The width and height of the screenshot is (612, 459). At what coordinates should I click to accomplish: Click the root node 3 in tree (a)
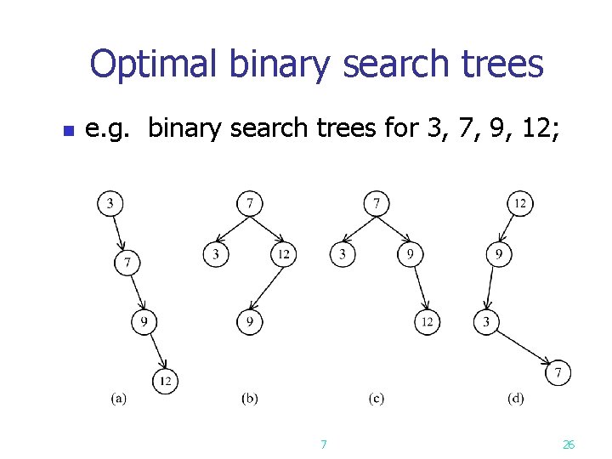110,203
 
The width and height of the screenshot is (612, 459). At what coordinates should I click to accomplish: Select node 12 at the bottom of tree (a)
166,382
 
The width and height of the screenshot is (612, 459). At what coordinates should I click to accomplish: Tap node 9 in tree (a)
144,322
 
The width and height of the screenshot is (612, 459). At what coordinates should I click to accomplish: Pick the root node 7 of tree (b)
249,203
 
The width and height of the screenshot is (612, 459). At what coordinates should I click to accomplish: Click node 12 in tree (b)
283,254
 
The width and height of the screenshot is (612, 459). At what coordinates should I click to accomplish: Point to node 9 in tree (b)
249,322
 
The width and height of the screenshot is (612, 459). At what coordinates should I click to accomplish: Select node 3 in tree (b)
216,254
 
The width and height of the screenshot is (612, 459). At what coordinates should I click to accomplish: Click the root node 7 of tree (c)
377,203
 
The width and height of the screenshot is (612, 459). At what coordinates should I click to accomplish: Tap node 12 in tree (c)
428,322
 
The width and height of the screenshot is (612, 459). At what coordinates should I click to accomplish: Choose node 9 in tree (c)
411,254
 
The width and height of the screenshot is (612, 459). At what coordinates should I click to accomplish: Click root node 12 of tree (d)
520,203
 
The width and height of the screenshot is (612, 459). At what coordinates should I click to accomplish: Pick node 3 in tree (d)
486,322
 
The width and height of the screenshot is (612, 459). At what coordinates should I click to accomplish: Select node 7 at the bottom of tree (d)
558,372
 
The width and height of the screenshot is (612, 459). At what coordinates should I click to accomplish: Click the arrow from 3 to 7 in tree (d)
523,348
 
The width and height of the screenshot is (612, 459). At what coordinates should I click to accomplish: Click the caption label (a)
118,398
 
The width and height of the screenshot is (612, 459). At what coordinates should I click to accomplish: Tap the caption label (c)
376,398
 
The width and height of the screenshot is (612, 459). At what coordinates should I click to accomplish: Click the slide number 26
569,445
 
